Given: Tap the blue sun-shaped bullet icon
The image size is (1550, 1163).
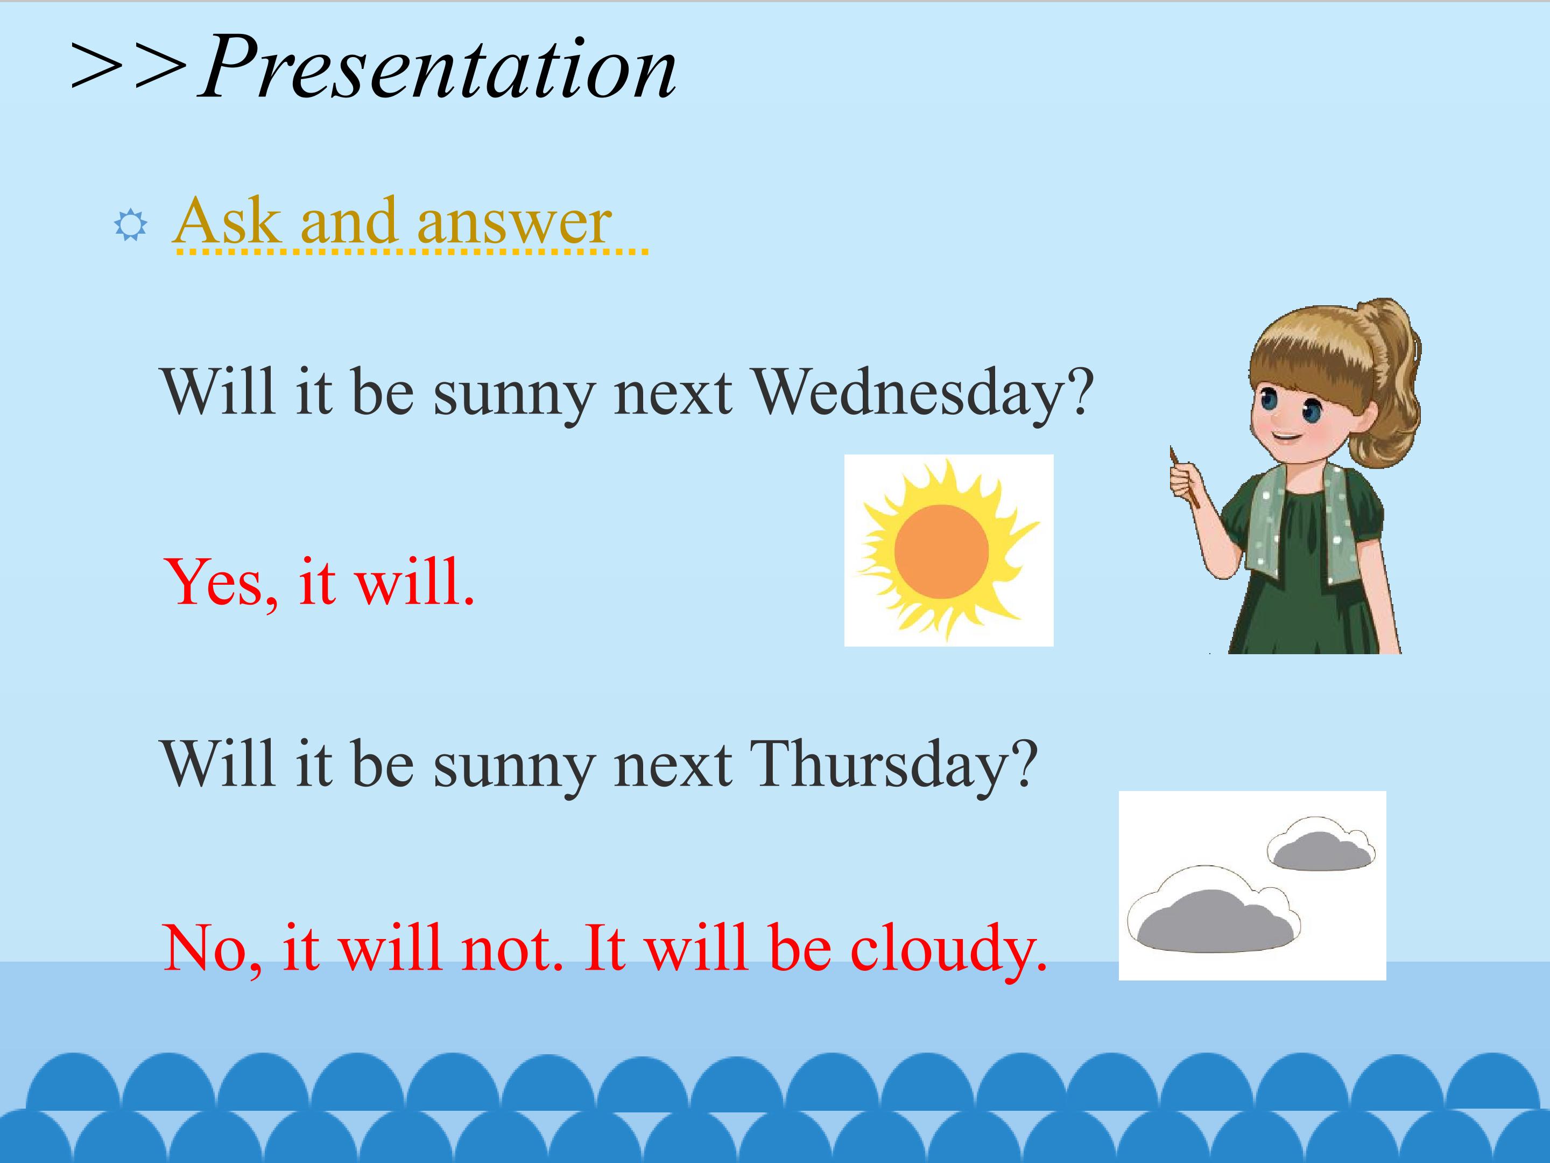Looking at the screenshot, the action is pyautogui.click(x=130, y=226).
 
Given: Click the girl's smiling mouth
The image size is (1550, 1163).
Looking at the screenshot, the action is pyautogui.click(x=1284, y=437).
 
